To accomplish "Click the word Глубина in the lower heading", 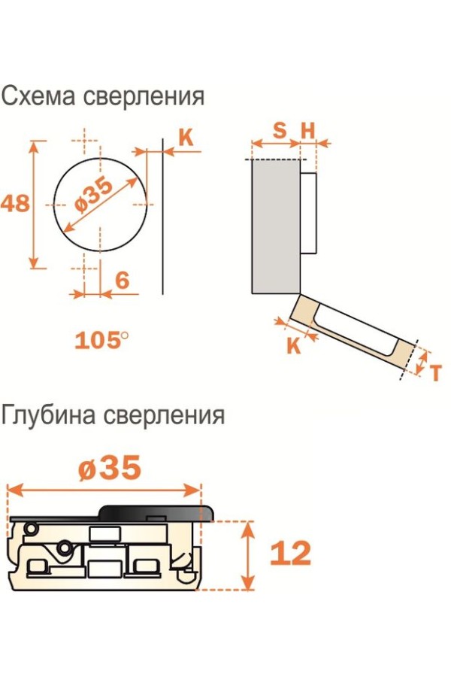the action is pyautogui.click(x=48, y=415).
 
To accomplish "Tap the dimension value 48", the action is pyautogui.click(x=15, y=203).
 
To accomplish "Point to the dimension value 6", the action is pyautogui.click(x=123, y=281).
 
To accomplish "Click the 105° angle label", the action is pyautogui.click(x=101, y=340).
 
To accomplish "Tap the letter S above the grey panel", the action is pyautogui.click(x=280, y=130).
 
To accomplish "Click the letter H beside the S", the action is pyautogui.click(x=308, y=130).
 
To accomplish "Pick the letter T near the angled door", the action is pyautogui.click(x=436, y=372).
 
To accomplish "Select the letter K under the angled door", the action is pyautogui.click(x=293, y=345).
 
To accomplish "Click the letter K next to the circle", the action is pyautogui.click(x=186, y=138).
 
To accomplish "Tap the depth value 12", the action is pyautogui.click(x=290, y=553).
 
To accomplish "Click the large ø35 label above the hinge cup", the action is pyautogui.click(x=110, y=467).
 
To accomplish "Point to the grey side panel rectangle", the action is pyautogui.click(x=276, y=226).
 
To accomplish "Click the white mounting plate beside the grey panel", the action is pyautogui.click(x=308, y=212).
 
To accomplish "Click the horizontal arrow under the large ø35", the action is pyautogui.click(x=104, y=490).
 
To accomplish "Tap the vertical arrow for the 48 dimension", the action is pyautogui.click(x=34, y=204).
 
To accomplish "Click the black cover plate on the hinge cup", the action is pyautogui.click(x=112, y=514).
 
